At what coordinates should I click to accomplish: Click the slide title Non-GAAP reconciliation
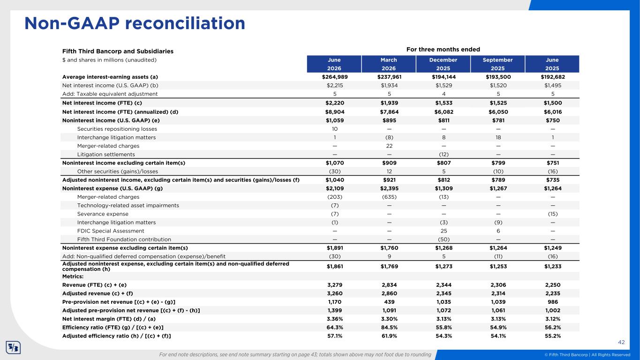coord(135,23)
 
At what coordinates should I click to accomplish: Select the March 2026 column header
coord(389,64)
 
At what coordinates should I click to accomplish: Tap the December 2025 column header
coord(443,64)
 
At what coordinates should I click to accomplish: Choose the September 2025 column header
coord(498,64)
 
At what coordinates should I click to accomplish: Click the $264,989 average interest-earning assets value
coord(335,77)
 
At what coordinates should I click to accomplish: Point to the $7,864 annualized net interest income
coord(389,112)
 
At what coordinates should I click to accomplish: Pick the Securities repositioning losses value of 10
coord(335,129)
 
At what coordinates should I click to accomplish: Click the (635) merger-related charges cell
coord(389,197)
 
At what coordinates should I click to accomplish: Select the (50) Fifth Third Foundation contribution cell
coord(444,240)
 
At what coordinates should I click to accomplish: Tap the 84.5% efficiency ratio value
coord(389,328)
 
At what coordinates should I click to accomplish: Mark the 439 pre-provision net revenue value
coord(389,302)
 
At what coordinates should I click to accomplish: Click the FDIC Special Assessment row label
coord(111,231)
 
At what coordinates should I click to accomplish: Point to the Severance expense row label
coord(103,214)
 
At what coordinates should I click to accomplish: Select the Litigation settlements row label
coord(106,155)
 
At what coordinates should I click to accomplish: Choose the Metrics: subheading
coord(73,277)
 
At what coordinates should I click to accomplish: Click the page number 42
coord(621,342)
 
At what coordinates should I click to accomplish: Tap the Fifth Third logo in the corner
coord(13,348)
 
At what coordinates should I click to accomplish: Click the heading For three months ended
coord(443,49)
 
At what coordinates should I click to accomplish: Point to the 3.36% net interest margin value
coord(335,319)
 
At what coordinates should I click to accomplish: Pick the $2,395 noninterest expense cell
coord(389,188)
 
